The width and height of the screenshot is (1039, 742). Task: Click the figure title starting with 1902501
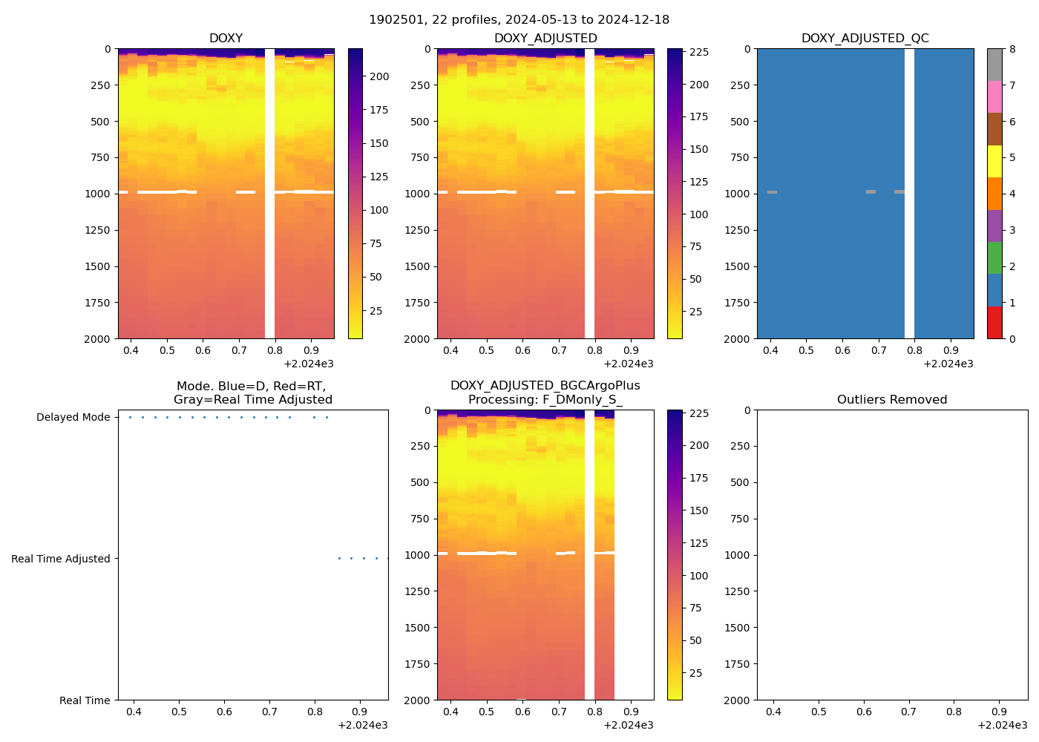(519, 20)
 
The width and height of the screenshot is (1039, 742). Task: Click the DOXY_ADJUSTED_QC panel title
(865, 39)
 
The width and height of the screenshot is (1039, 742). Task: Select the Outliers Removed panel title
(892, 400)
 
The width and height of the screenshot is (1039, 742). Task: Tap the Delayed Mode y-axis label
(73, 418)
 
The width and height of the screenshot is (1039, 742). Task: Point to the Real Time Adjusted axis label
(60, 559)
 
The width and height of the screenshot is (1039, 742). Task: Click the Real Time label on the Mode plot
(85, 700)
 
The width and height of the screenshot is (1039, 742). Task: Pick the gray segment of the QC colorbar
(994, 65)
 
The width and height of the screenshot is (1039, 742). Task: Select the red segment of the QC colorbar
(994, 323)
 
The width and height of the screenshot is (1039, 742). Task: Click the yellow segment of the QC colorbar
(994, 161)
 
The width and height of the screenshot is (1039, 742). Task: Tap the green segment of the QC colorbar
(994, 258)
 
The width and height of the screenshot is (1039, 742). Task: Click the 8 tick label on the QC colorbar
(1012, 50)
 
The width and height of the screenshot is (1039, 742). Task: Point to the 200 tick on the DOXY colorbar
(379, 76)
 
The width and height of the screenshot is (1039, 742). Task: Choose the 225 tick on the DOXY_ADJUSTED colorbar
(699, 53)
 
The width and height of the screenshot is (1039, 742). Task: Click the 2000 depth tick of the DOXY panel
(98, 339)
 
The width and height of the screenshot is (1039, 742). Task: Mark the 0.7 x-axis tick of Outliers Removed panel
(909, 712)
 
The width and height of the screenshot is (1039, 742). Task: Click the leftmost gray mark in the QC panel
(772, 192)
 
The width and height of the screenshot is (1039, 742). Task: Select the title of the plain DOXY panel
(226, 39)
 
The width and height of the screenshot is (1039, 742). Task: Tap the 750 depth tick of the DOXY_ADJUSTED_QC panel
(740, 157)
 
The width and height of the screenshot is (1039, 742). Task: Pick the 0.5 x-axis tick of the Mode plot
(179, 712)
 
